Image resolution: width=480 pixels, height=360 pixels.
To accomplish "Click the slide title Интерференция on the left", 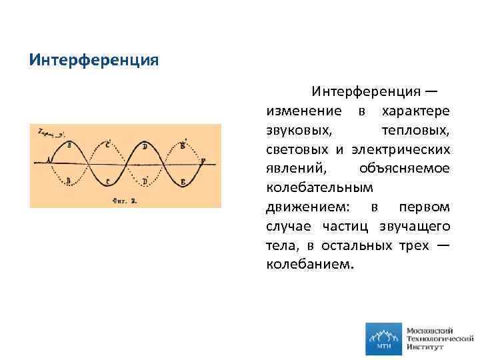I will [93, 60].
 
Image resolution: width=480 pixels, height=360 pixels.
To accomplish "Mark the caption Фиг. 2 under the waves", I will [125, 199].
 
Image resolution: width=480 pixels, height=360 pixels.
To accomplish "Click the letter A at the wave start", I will [49, 160].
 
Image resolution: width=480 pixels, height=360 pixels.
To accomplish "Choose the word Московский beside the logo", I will [429, 330].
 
